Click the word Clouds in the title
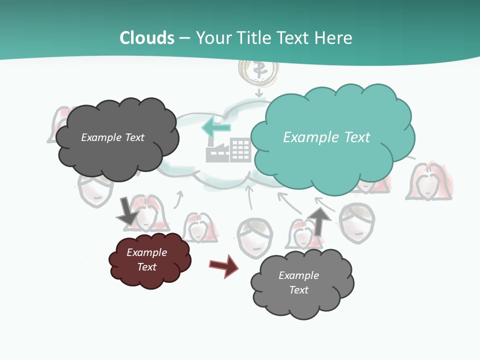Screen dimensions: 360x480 (147, 38)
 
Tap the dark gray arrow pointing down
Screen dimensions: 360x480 (127, 211)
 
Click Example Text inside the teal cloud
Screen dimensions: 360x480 (326, 137)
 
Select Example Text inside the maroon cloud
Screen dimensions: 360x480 (146, 259)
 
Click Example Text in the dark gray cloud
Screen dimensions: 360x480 (112, 137)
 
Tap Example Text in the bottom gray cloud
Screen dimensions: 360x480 (298, 282)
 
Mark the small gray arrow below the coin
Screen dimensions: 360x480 (258, 92)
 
